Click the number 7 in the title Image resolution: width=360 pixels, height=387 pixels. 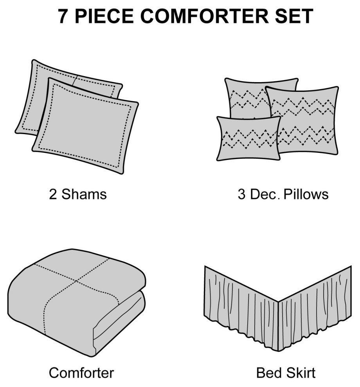63,16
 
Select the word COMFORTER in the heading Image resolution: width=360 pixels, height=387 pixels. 204,16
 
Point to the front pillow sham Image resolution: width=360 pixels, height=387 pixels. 85,126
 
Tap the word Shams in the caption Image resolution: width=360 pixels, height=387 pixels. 84,194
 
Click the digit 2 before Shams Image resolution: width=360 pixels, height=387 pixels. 53,194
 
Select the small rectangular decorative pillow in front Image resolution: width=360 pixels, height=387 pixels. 248,139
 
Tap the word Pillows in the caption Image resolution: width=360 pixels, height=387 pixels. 306,194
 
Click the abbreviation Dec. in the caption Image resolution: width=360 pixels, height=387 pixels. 266,194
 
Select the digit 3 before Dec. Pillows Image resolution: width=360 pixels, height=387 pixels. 242,194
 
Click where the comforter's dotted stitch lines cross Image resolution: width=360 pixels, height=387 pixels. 76,281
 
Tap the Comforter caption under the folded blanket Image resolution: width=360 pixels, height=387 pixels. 81,373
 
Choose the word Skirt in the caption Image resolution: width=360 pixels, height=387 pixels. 301,373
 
